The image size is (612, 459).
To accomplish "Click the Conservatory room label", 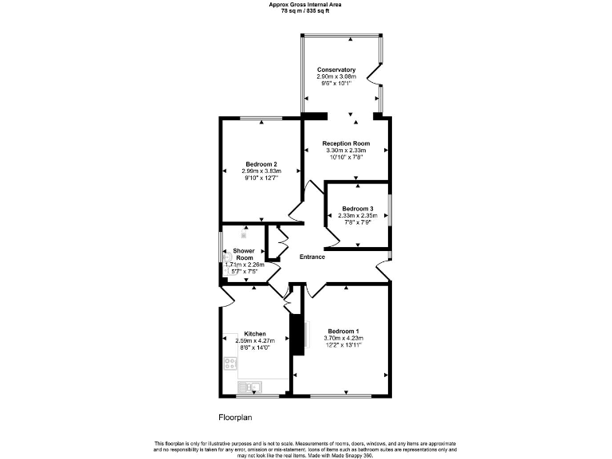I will [x=335, y=69].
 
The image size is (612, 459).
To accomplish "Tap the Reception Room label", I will [x=346, y=143].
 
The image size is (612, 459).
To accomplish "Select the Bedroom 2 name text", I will [x=261, y=164].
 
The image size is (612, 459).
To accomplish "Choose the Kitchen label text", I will [x=255, y=333].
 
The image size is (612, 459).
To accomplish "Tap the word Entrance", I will [x=312, y=257].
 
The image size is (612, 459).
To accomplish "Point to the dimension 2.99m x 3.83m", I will [x=261, y=171].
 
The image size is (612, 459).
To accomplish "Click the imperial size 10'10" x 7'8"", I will [x=346, y=158].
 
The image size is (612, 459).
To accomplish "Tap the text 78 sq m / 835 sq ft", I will [x=305, y=10].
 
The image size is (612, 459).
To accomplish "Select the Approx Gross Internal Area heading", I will [x=305, y=4].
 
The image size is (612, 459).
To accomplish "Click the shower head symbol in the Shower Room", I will [x=245, y=234].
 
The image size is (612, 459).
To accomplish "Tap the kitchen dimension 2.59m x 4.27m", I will [x=255, y=340].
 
